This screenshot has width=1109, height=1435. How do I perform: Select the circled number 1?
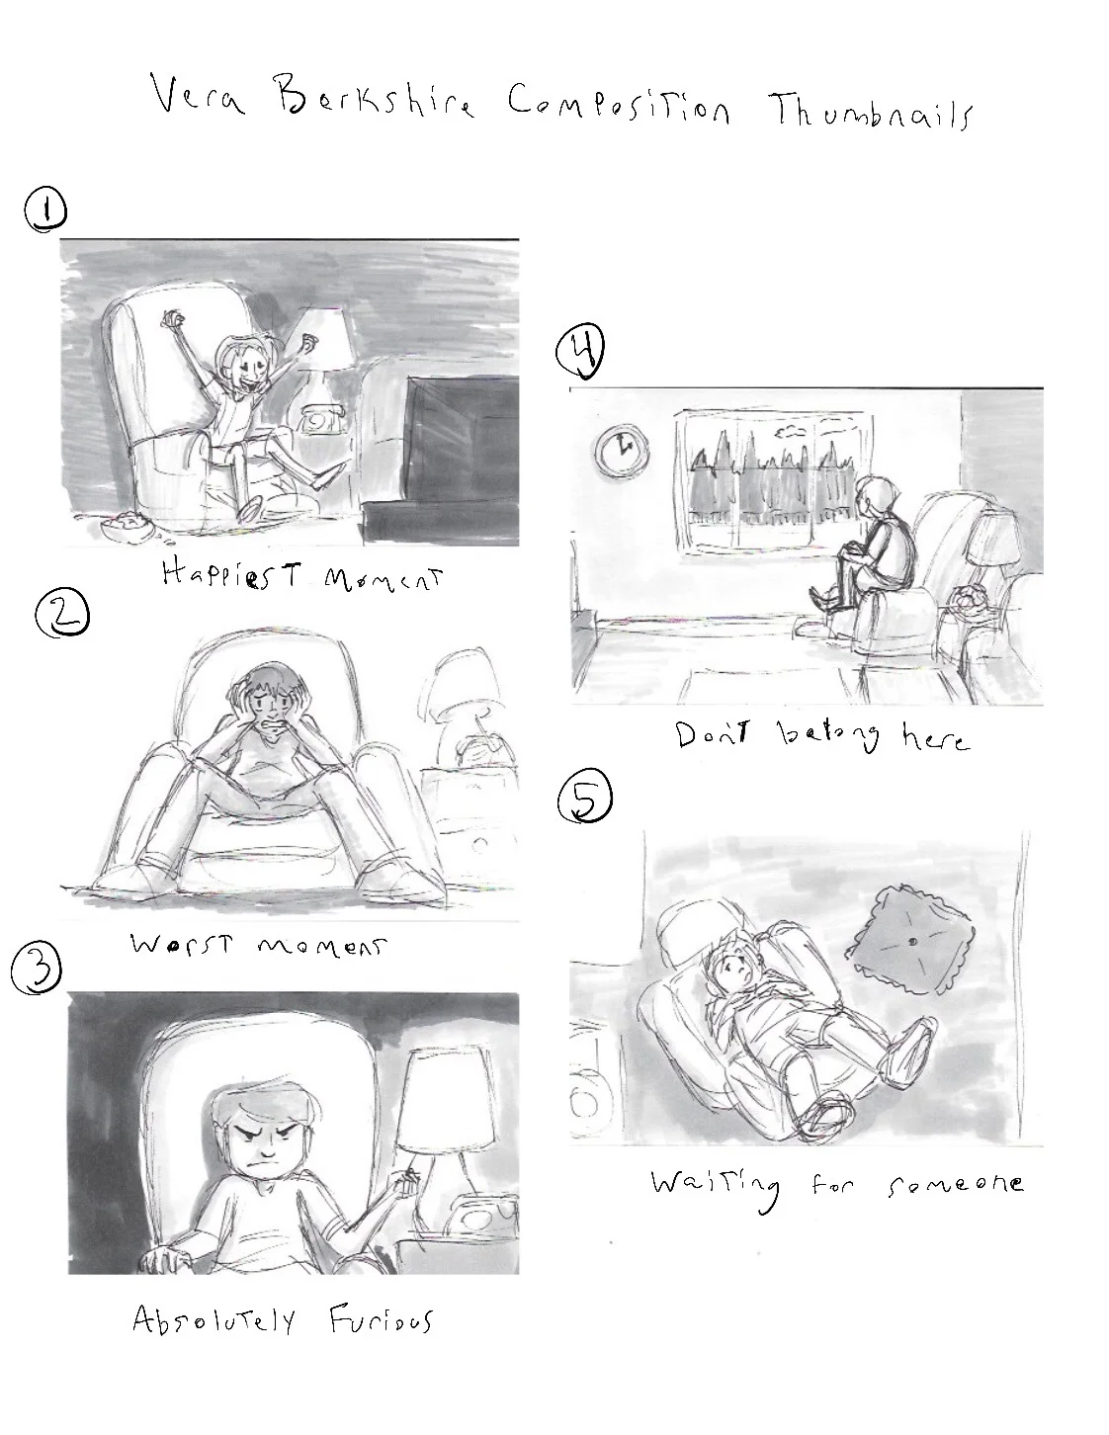44,211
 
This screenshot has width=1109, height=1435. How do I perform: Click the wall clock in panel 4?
622,450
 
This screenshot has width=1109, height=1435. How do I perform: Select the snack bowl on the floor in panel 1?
126,527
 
